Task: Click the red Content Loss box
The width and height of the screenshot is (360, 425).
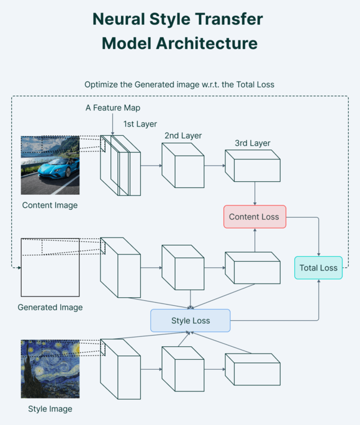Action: point(254,217)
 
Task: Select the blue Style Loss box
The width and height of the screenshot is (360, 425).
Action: point(190,321)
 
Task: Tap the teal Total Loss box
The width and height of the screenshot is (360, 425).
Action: point(318,267)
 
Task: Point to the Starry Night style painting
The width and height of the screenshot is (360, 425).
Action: point(50,369)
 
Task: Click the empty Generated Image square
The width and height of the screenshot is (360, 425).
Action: point(50,267)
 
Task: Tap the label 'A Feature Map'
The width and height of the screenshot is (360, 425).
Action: point(113,108)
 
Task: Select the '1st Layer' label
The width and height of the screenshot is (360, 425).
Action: point(140,124)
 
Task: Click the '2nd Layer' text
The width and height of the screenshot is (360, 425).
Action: point(183,135)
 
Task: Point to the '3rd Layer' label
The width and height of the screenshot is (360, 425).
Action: point(253,143)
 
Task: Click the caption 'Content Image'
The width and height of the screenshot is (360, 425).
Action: point(50,205)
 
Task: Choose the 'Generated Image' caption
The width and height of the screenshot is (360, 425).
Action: point(50,307)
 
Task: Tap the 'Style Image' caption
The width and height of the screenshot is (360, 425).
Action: point(50,409)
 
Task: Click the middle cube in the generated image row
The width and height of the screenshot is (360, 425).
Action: point(182,267)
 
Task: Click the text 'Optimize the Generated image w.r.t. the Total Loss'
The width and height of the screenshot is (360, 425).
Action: point(179,84)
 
